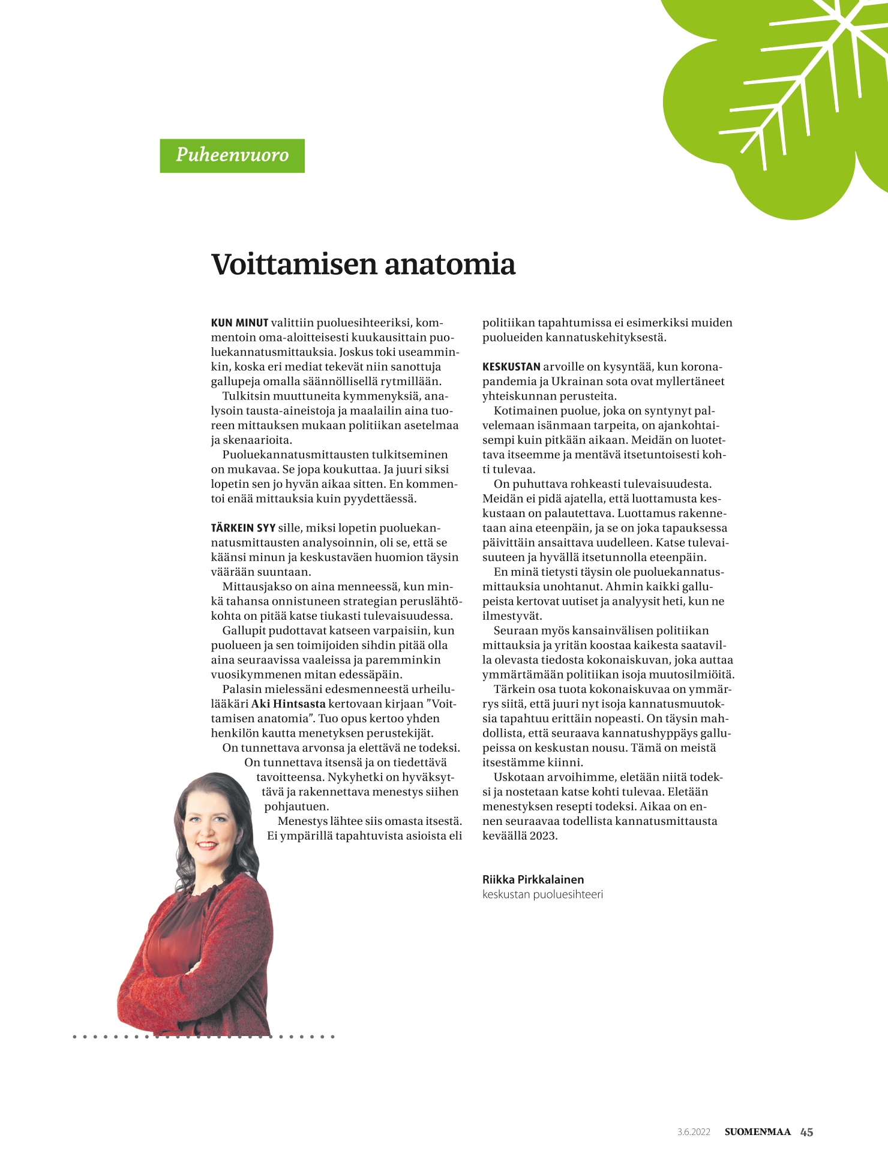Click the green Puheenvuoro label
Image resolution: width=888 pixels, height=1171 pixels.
[232, 155]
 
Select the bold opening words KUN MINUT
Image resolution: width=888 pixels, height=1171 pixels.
[239, 323]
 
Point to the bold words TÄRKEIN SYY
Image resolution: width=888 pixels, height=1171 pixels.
[243, 528]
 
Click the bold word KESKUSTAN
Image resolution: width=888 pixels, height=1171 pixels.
[511, 367]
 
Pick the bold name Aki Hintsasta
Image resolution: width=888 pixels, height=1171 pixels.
[288, 704]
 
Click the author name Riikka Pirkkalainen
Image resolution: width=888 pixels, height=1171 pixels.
[533, 879]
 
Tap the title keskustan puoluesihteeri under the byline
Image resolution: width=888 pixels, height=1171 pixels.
[542, 894]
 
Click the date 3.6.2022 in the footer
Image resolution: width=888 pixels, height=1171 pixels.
[694, 1132]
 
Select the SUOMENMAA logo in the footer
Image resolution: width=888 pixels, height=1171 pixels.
[757, 1132]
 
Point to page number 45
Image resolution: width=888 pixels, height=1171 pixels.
[806, 1132]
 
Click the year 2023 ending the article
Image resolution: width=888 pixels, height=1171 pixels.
[544, 836]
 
